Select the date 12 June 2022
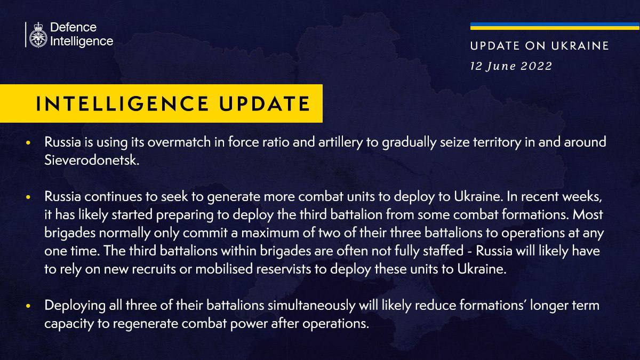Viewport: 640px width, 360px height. (511, 67)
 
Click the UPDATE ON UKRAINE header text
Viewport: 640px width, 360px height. (539, 46)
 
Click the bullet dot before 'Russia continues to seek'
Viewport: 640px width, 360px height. (28, 197)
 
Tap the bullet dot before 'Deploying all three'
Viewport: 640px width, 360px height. (28, 306)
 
